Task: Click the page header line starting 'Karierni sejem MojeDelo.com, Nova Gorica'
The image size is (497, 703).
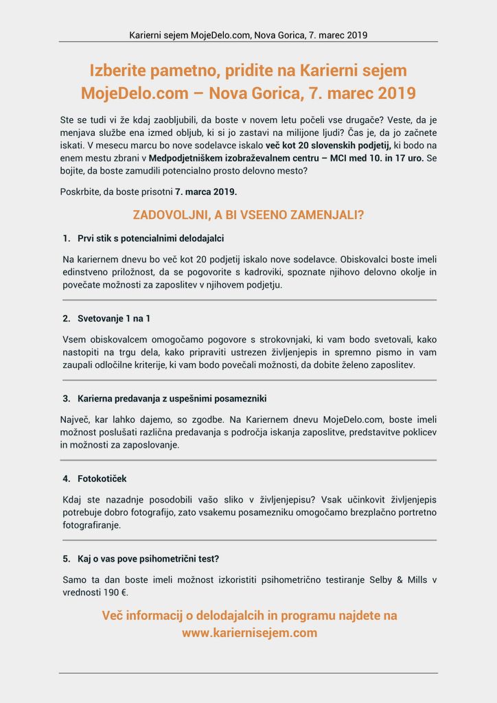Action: [248, 34]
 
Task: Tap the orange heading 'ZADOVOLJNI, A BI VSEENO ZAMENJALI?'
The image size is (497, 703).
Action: [248, 215]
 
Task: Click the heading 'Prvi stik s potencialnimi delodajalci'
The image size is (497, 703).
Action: [150, 238]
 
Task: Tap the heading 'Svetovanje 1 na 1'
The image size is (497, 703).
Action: [113, 319]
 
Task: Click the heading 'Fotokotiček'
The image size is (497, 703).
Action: [102, 479]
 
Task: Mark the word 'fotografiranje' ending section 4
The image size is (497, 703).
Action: [91, 525]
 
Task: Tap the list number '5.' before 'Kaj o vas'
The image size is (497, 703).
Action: [67, 558]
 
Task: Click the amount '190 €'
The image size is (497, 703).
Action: [115, 592]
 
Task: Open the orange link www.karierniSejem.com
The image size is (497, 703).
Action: [249, 633]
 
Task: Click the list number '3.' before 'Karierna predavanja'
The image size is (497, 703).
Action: [67, 398]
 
